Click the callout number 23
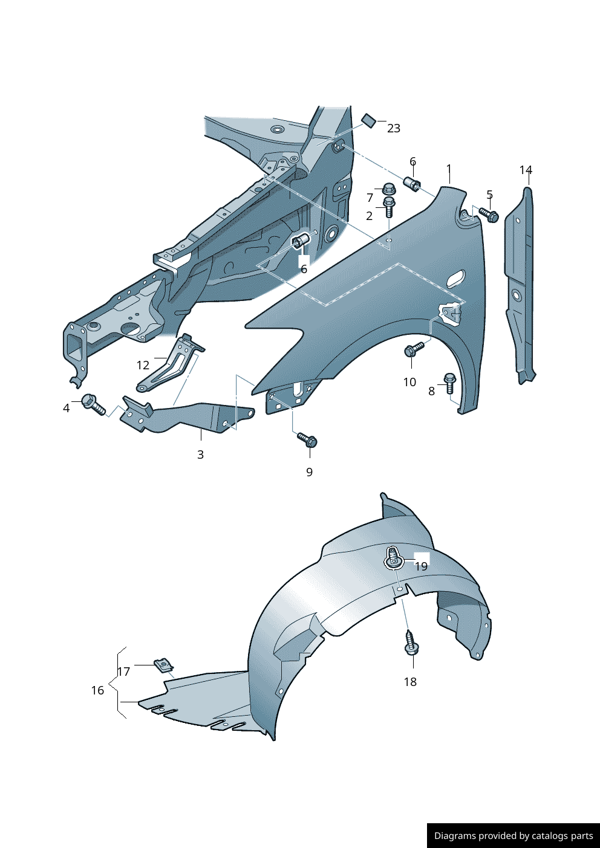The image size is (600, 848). (394, 128)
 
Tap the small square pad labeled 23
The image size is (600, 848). (368, 120)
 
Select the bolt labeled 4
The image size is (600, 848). (93, 404)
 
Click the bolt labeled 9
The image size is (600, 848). (307, 440)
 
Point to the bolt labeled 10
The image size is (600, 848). (414, 349)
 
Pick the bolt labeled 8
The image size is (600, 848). (450, 383)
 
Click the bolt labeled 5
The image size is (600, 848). (489, 215)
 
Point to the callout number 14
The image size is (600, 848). (526, 170)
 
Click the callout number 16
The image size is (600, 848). (97, 690)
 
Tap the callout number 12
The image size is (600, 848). (143, 365)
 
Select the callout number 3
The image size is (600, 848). (200, 455)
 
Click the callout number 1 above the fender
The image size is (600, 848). (449, 169)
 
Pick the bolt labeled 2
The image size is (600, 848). (389, 207)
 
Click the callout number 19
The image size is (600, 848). (421, 566)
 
